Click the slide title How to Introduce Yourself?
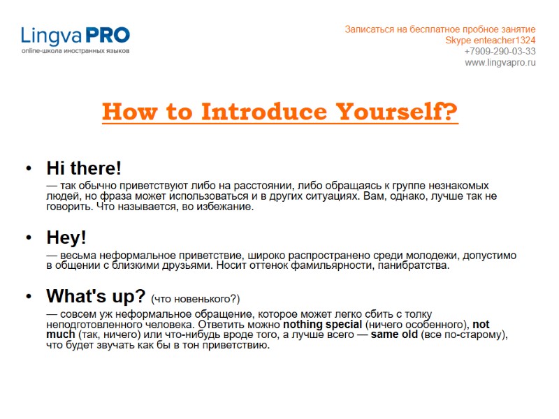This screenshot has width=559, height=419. [x=279, y=112]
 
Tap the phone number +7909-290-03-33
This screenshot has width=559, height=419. [x=500, y=51]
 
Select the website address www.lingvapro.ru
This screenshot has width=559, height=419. [x=500, y=62]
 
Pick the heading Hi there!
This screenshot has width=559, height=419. [x=84, y=168]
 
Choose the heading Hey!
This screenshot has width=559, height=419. [x=66, y=237]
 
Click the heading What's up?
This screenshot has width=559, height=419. [x=96, y=296]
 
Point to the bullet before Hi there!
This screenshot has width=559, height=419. [x=28, y=169]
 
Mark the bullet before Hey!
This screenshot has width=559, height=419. [x=28, y=238]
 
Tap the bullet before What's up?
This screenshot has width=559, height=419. [x=28, y=297]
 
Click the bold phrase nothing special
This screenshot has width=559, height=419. [x=322, y=325]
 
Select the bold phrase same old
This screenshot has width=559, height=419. [x=394, y=335]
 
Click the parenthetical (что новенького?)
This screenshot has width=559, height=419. [x=196, y=299]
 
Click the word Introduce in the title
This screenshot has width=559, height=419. [x=266, y=112]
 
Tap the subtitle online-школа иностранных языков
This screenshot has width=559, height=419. [x=75, y=51]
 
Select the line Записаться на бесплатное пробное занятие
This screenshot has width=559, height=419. [x=440, y=29]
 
